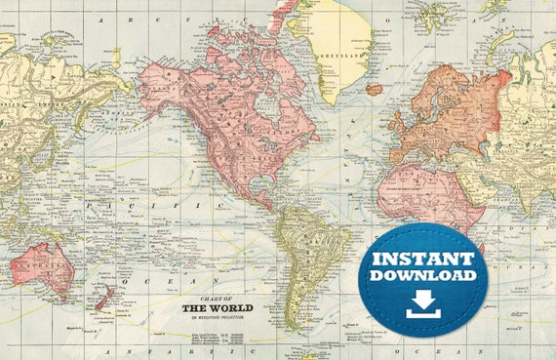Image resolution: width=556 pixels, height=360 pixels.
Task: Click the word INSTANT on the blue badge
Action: click(423, 260)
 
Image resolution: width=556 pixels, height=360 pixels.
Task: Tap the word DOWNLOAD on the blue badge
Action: click(423, 277)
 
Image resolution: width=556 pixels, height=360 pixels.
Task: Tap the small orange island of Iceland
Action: click(375, 89)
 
